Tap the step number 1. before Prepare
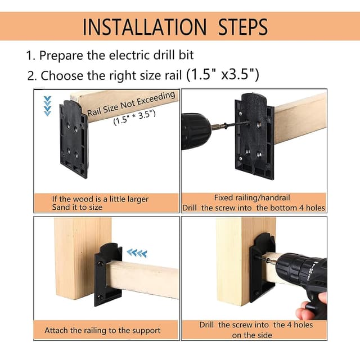[x=30, y=56]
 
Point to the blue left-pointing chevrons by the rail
[x=136, y=253]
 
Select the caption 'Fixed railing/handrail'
[x=253, y=197]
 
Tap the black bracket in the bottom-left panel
[x=107, y=273]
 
